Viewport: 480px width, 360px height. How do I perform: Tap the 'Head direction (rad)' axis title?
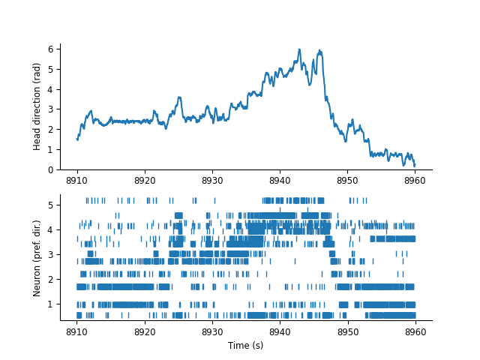(37, 106)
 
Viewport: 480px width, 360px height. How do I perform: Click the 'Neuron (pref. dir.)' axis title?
(37, 258)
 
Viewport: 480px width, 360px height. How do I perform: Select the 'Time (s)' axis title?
(246, 345)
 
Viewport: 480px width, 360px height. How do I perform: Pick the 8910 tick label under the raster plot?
(77, 331)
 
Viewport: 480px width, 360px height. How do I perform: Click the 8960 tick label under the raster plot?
(415, 331)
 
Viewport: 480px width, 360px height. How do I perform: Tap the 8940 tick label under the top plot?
(280, 181)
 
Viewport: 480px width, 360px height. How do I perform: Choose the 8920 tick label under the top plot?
(145, 181)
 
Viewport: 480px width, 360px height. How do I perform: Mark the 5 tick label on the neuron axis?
(50, 205)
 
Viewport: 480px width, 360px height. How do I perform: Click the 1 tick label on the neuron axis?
(50, 304)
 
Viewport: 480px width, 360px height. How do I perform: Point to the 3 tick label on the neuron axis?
(50, 254)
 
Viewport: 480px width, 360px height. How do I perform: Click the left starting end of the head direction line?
(77, 139)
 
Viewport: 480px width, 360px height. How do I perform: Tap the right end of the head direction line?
(415, 165)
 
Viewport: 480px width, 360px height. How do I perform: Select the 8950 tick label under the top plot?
(347, 181)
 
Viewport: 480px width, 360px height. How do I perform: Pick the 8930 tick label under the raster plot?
(212, 331)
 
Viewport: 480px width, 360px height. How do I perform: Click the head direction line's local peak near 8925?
(179, 97)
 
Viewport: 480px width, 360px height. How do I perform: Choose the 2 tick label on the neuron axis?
(50, 279)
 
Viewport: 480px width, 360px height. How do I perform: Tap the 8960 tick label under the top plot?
(415, 181)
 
